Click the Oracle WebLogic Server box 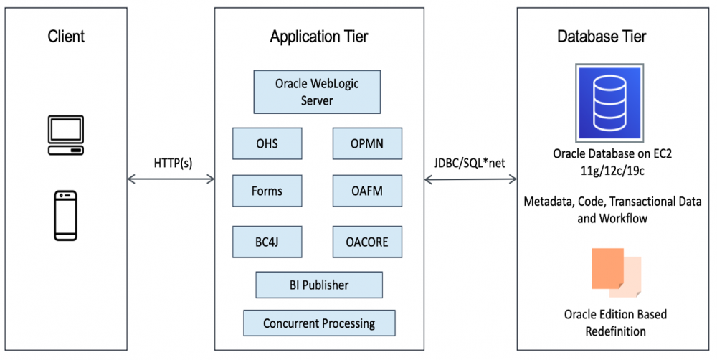point(317,92)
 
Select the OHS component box point(267,143)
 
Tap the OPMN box point(367,143)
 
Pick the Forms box point(267,191)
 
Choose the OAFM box point(367,191)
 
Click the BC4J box point(267,242)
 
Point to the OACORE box point(367,242)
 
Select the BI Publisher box point(319,285)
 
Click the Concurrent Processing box point(319,323)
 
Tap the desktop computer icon point(65,135)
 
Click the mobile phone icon point(65,215)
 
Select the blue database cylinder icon point(609,101)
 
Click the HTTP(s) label point(172,163)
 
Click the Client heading point(65,36)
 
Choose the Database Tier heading point(602,37)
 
